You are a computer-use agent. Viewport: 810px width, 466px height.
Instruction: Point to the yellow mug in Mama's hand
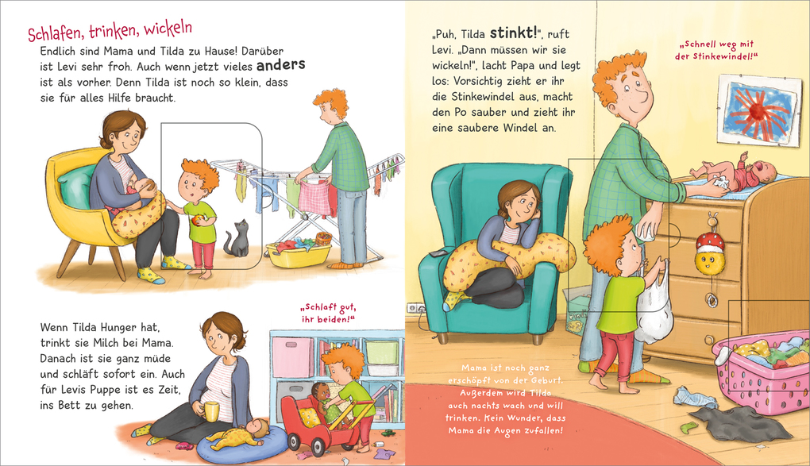click(x=211, y=410)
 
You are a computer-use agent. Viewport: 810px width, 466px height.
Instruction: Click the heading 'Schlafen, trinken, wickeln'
click(x=110, y=33)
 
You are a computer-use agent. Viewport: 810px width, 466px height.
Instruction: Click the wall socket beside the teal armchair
click(x=413, y=307)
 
